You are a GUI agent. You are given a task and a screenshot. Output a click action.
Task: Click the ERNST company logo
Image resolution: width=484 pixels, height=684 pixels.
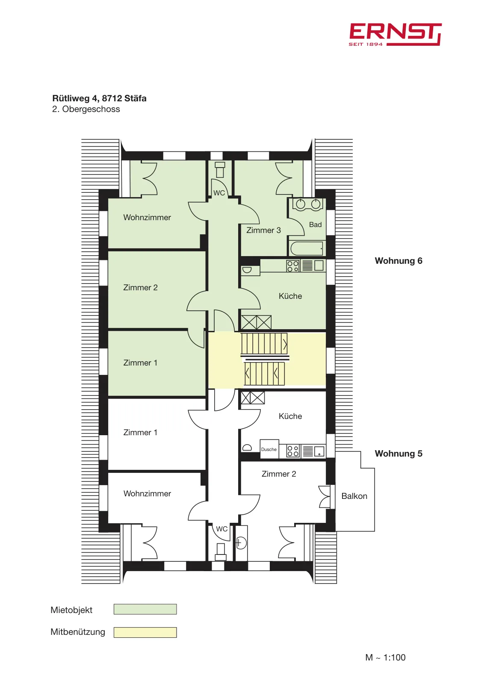pos(395,35)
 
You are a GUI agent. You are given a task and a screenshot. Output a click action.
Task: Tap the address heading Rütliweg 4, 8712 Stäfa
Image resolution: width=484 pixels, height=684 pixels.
pos(99,98)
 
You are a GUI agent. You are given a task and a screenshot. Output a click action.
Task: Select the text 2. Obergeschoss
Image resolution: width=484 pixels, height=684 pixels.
pos(86,109)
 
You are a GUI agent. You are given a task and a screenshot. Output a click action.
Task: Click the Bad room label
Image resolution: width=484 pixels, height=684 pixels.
pos(315,224)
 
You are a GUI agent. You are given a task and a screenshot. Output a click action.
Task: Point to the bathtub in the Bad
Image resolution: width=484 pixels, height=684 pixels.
pos(307,248)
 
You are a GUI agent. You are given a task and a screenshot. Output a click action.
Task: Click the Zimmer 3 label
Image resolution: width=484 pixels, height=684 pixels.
pos(263,230)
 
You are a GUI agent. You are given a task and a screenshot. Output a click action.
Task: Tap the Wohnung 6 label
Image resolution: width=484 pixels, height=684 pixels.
pos(398,261)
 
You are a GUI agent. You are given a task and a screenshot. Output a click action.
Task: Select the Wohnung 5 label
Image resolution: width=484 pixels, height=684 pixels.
pos(398,454)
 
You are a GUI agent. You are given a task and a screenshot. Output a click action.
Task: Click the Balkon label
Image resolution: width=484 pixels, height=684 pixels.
pos(354,496)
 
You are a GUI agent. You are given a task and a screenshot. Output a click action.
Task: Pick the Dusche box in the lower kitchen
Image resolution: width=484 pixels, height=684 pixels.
pos(269,449)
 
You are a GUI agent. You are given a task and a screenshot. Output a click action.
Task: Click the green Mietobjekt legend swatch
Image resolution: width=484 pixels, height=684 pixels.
pos(145,609)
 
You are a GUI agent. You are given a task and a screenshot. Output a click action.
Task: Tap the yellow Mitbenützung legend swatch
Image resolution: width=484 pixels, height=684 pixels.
pos(145,632)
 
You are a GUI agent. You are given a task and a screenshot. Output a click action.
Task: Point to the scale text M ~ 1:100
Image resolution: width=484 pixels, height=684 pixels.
pos(385,657)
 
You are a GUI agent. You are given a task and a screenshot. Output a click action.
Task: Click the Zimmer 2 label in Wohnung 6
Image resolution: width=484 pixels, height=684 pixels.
pos(140,287)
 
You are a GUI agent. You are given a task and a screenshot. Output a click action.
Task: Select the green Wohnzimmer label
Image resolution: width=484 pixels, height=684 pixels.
pos(147,218)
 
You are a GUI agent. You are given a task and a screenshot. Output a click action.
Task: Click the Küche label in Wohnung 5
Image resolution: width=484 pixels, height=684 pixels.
pos(290,416)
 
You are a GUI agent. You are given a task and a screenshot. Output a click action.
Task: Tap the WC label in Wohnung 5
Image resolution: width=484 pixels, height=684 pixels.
pos(222,528)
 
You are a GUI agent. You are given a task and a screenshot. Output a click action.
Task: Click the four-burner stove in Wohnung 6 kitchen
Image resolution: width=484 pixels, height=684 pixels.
pos(292,265)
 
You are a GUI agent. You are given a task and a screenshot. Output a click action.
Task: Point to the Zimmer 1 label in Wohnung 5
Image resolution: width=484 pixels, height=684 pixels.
pos(140,432)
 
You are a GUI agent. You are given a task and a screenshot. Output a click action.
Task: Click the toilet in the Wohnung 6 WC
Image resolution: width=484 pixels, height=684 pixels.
pos(220,170)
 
